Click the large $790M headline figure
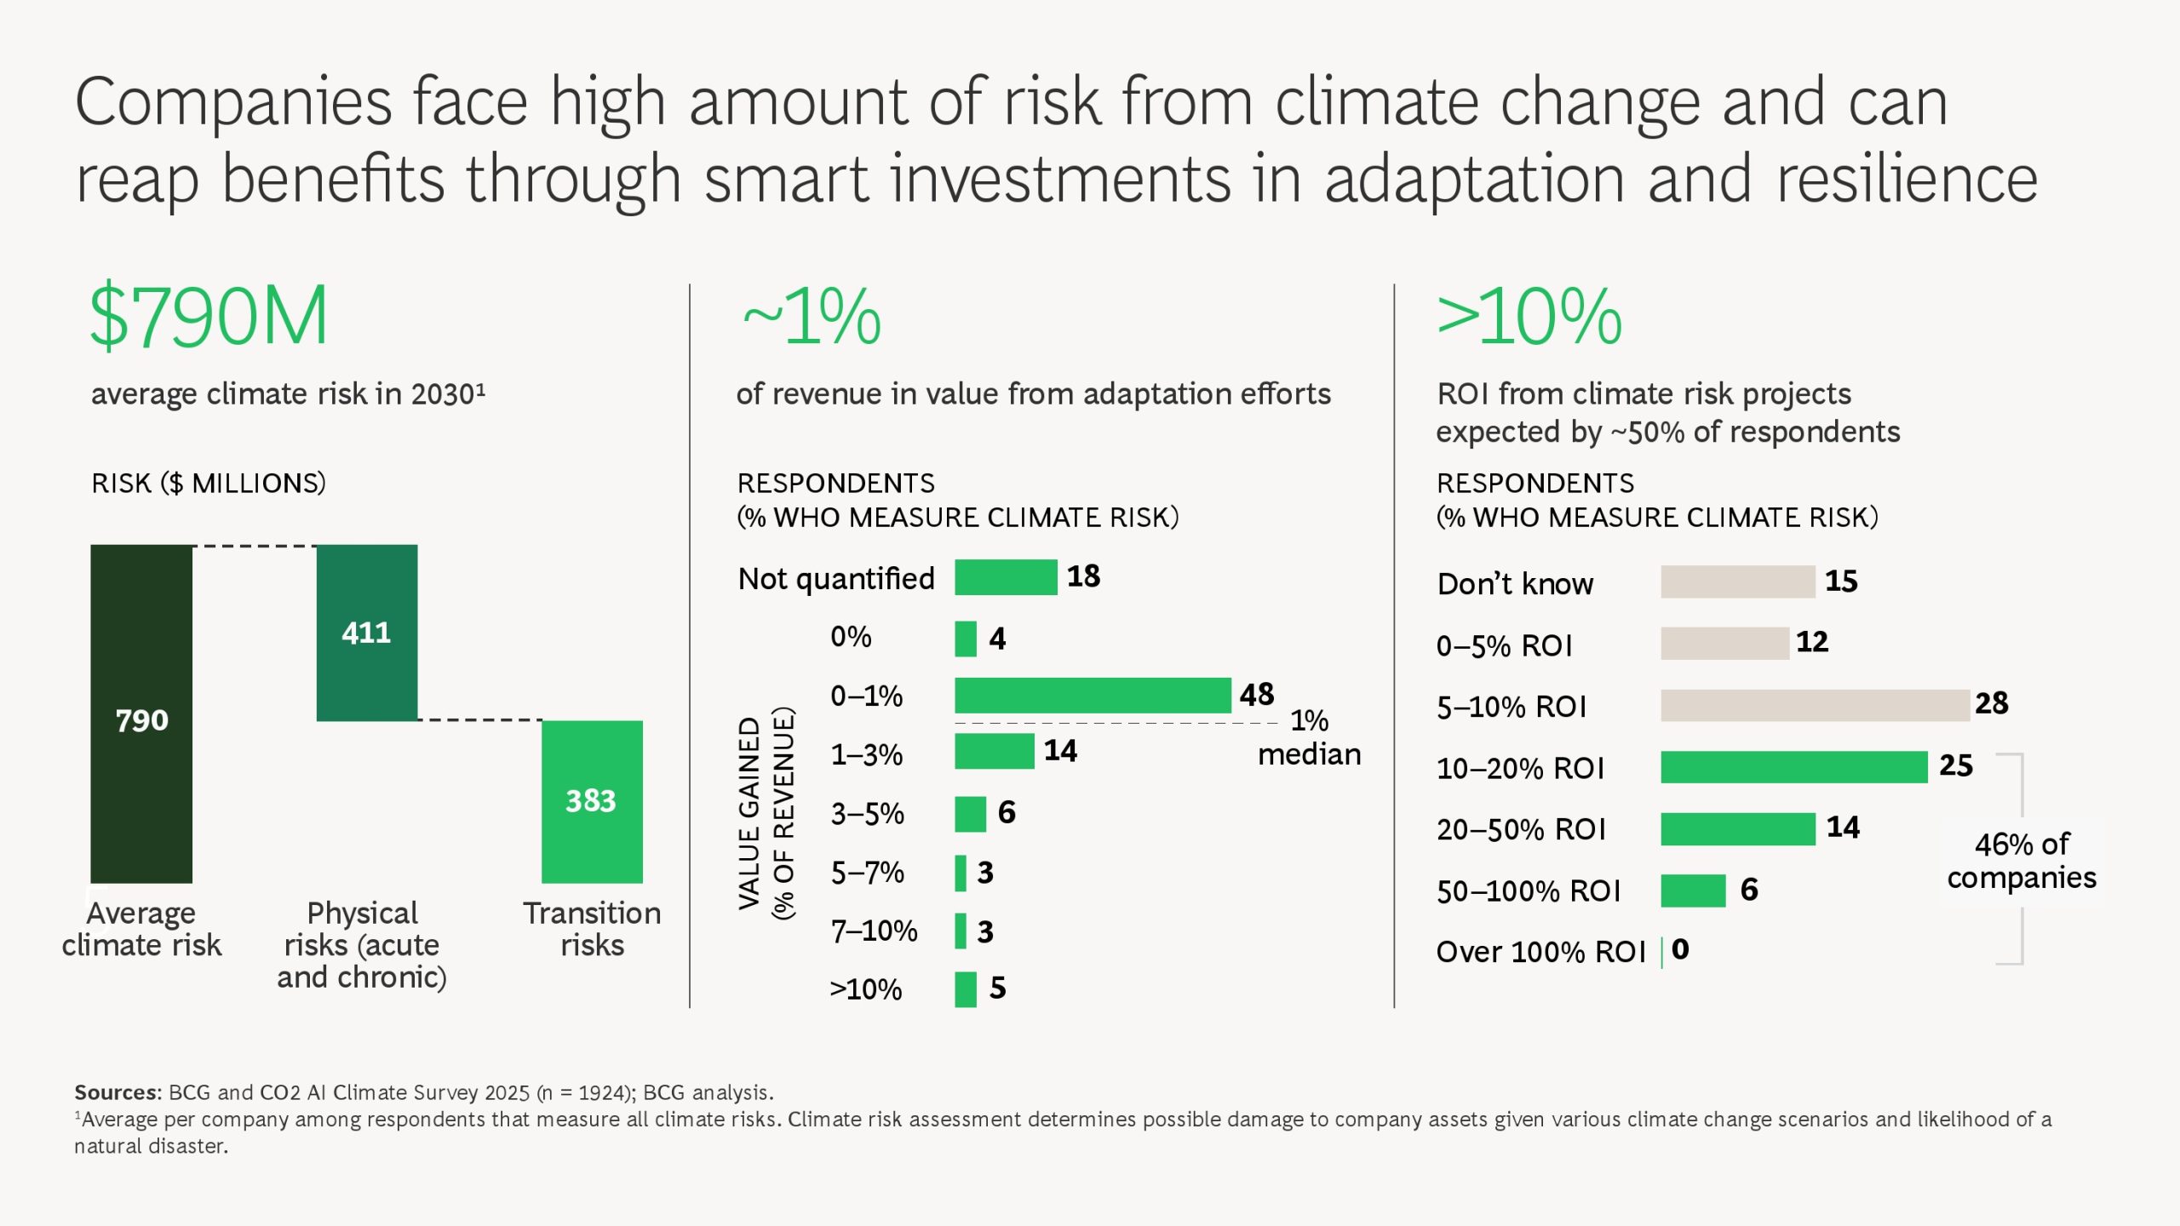[x=209, y=317]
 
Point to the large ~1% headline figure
[x=812, y=317]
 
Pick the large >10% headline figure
[x=1529, y=317]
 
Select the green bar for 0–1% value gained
[x=1093, y=696]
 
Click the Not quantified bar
[x=1006, y=577]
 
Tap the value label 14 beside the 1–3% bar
[x=1060, y=751]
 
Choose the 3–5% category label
[x=867, y=814]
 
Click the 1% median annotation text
[x=1309, y=737]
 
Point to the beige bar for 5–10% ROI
[x=1815, y=705]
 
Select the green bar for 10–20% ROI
[x=1793, y=767]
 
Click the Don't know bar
[x=1737, y=581]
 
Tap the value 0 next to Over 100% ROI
[x=1680, y=949]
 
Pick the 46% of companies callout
[x=2021, y=861]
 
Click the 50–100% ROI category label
[x=1528, y=891]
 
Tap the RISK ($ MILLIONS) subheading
[x=209, y=484]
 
